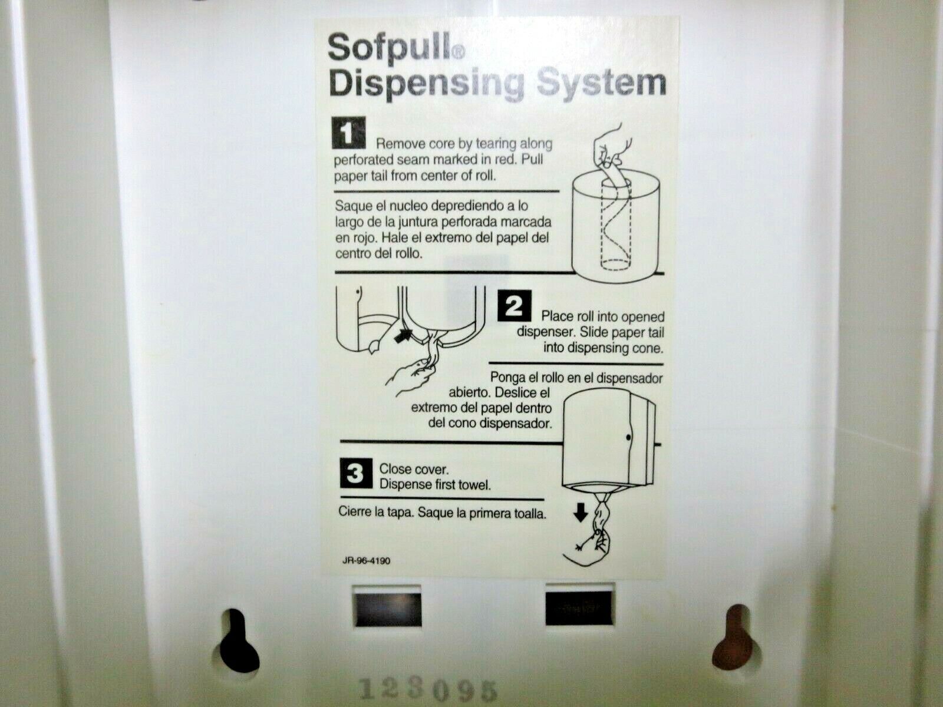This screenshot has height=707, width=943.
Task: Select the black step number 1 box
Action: coord(348,133)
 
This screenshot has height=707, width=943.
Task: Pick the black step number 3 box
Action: coord(356,474)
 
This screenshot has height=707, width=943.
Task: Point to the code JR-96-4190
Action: coord(366,560)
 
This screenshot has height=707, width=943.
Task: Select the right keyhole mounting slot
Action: coord(733,639)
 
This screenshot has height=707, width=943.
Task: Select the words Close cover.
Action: coord(414,470)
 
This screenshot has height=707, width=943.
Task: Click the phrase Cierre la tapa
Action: coord(376,512)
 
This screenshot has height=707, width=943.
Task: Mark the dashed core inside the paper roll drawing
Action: coord(615,227)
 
